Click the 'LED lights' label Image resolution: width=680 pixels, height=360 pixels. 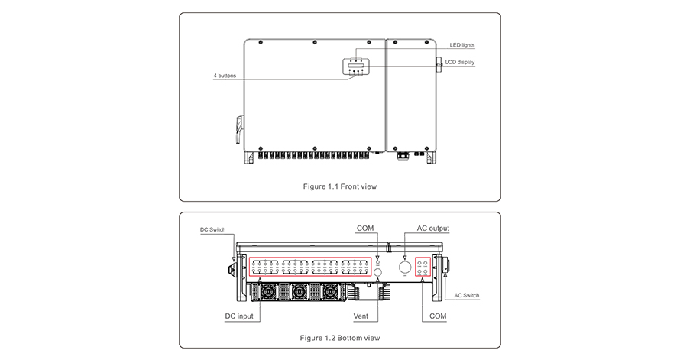click(x=461, y=45)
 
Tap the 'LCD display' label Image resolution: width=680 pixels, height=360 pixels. click(x=461, y=62)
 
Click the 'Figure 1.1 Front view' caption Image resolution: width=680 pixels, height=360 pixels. click(x=340, y=186)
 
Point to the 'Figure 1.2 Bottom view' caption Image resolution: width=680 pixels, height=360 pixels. click(x=340, y=337)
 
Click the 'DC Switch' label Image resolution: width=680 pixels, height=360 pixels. click(x=212, y=229)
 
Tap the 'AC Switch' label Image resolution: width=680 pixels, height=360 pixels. click(x=467, y=295)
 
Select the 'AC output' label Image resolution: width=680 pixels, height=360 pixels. click(x=432, y=228)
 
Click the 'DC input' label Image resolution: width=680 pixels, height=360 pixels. click(x=238, y=316)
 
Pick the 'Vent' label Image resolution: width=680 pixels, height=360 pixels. click(x=362, y=316)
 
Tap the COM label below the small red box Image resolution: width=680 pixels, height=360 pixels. click(x=438, y=316)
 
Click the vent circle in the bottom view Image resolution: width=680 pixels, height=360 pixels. click(x=377, y=273)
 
